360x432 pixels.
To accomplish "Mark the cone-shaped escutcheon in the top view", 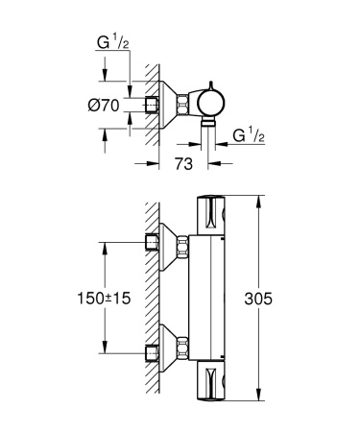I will (173, 103).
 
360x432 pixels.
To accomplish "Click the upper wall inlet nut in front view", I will (151, 241).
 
